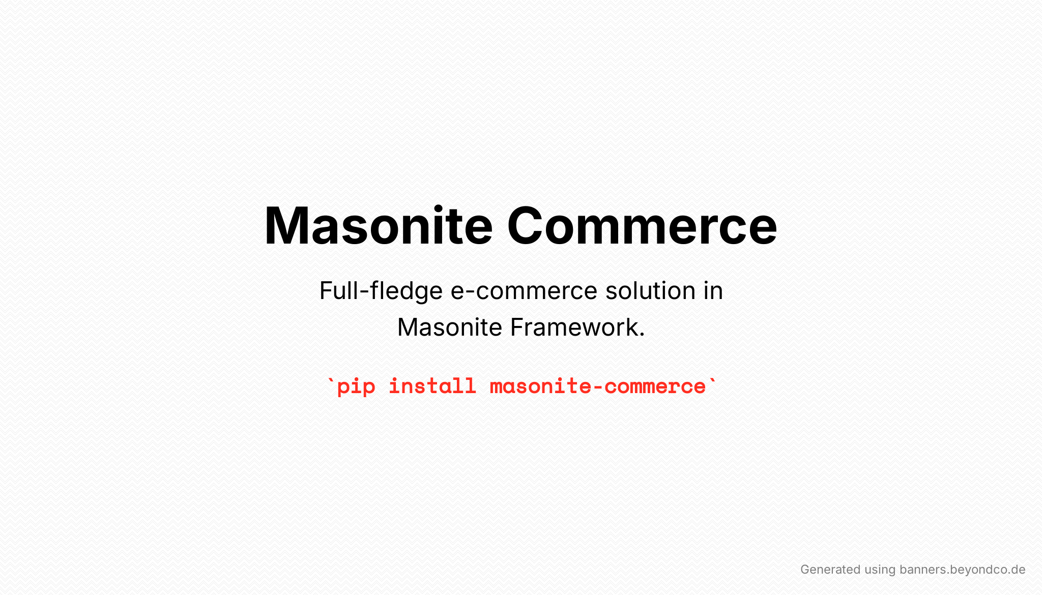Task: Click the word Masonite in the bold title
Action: point(379,225)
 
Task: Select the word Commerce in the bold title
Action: point(642,225)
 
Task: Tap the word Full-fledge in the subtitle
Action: point(381,291)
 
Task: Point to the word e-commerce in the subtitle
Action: point(524,291)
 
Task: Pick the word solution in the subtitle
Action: point(651,290)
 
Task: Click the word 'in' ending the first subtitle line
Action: point(713,290)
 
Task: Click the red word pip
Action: point(356,387)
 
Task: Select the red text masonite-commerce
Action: point(598,386)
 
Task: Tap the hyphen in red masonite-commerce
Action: point(598,387)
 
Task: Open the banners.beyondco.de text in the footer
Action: point(962,570)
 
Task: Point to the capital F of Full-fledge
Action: point(326,290)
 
